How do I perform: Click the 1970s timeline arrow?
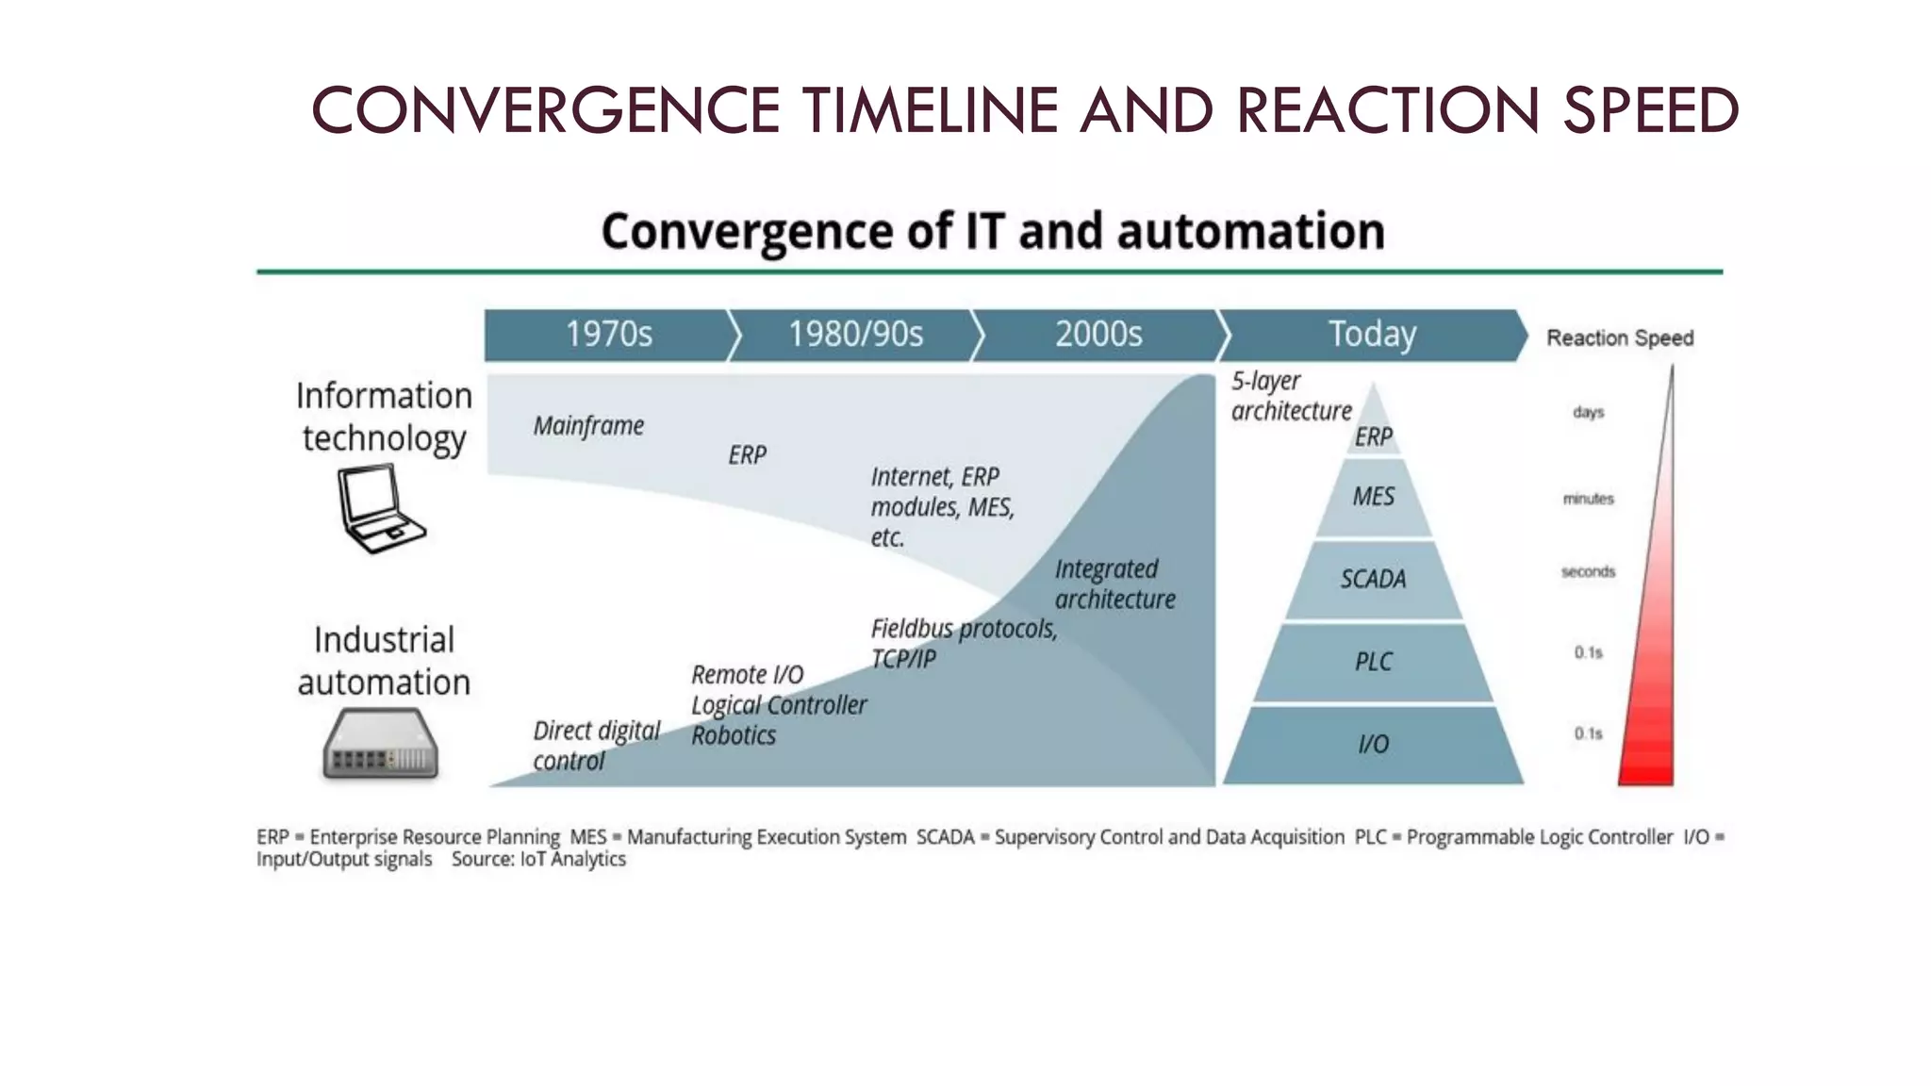tap(608, 335)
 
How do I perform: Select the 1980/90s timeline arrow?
tap(854, 335)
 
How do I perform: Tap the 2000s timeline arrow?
tap(1098, 335)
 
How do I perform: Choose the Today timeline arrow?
tap(1371, 335)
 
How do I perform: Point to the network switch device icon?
tap(381, 745)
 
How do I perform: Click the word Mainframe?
tap(588, 426)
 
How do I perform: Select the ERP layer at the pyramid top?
tap(1373, 436)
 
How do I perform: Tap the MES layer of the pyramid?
tap(1373, 497)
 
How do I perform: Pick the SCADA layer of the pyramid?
tap(1373, 579)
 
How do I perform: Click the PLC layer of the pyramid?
tap(1373, 662)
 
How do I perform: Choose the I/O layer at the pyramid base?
tap(1373, 745)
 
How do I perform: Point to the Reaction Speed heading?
tap(1619, 338)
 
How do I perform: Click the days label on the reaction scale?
tap(1588, 412)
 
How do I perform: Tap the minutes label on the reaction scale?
tap(1588, 499)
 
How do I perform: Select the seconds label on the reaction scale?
tap(1588, 572)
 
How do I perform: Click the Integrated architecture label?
tap(1114, 584)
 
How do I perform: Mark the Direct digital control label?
tap(596, 746)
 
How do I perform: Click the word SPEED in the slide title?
tap(1650, 111)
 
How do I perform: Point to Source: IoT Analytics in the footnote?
tap(538, 860)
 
